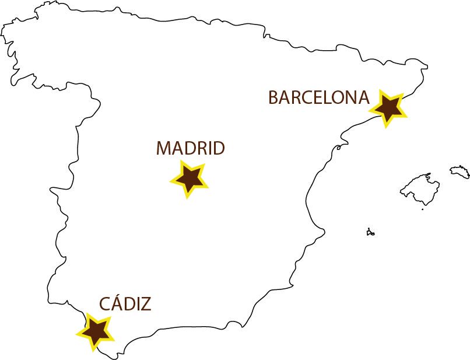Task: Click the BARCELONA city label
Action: [x=318, y=97]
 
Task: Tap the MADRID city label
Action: [x=190, y=148]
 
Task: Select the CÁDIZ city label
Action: [x=125, y=303]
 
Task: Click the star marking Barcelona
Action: [x=388, y=107]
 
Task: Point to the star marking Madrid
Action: [x=189, y=178]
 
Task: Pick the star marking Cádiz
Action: [x=95, y=331]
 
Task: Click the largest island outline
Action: [x=418, y=188]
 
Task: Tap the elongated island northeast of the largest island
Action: [x=460, y=171]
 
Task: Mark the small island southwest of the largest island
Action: [x=370, y=232]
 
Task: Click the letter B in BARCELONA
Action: [x=273, y=97]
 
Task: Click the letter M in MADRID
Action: [x=164, y=148]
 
